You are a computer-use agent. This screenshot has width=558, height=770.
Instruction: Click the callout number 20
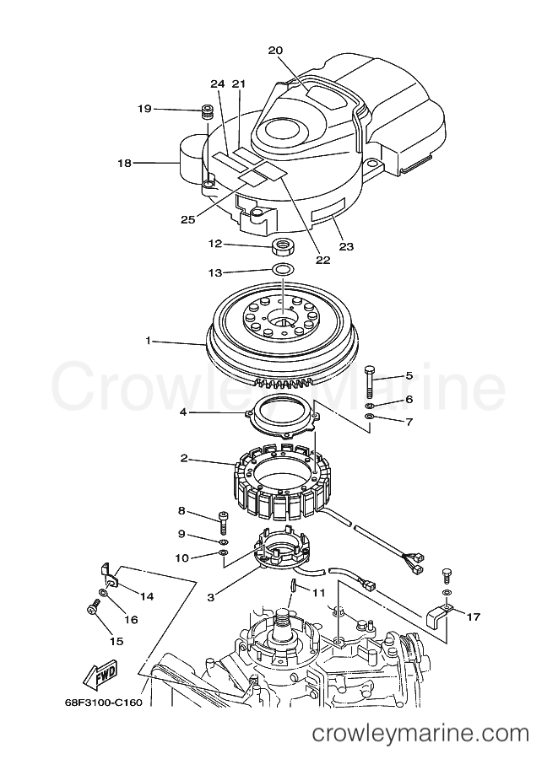pos(276,50)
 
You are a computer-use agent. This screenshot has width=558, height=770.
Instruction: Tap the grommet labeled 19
pos(207,112)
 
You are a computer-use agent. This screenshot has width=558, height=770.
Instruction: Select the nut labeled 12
pos(283,245)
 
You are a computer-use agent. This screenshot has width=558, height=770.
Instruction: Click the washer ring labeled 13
pos(283,269)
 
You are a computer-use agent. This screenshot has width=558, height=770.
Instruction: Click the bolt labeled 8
pos(222,523)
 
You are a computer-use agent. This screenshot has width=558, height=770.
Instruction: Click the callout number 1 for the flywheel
pos(148,340)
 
